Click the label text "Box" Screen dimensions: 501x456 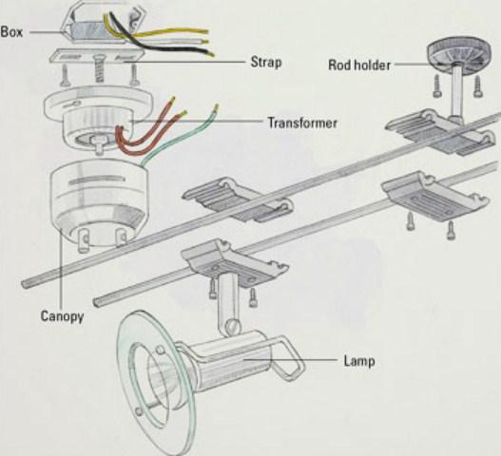[11, 32]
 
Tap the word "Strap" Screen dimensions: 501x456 [266, 63]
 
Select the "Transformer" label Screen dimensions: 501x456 [302, 123]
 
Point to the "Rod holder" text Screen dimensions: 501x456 [359, 66]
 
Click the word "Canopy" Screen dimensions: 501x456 [62, 316]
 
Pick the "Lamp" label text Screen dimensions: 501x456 [359, 361]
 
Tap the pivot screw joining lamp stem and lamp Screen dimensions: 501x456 [233, 327]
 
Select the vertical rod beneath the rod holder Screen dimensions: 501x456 [456, 92]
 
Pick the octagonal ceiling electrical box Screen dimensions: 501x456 [106, 23]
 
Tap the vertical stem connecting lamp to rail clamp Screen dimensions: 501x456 [228, 300]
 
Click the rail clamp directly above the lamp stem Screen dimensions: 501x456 [235, 263]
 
